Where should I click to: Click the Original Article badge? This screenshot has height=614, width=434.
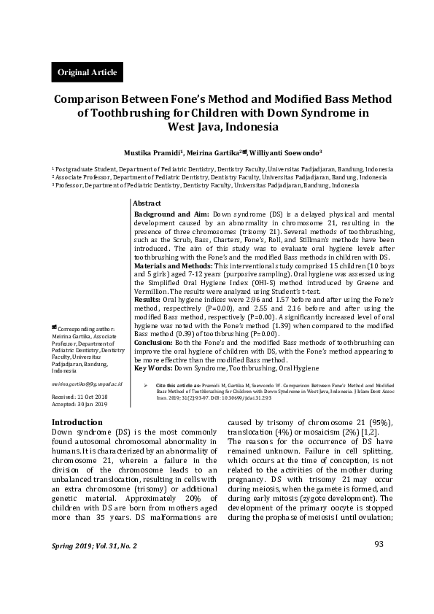(x=82, y=72)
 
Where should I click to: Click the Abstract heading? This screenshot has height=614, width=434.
(x=148, y=203)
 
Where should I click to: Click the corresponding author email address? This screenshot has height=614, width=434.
(x=86, y=383)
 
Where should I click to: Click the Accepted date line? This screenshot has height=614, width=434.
(x=80, y=403)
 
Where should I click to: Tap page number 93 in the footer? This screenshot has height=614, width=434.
(x=379, y=564)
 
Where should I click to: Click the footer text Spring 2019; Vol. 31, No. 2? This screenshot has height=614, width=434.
(x=94, y=566)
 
